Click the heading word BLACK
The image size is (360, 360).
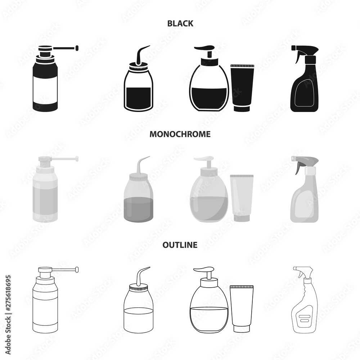click(x=180, y=23)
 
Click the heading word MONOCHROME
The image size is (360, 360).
click(x=180, y=134)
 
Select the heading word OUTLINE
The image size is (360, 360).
click(x=180, y=245)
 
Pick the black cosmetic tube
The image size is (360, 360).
click(x=242, y=88)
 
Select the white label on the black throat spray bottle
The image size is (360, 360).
click(x=45, y=90)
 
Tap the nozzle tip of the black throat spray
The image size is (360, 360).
click(x=77, y=48)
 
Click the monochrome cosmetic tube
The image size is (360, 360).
click(x=242, y=198)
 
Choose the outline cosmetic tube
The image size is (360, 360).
click(x=242, y=309)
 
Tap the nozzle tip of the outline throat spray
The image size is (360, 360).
click(x=77, y=269)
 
